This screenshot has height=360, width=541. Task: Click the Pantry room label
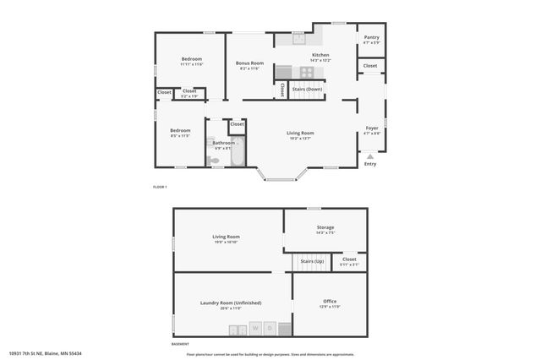point(371,38)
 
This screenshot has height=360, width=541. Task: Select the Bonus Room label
point(249,63)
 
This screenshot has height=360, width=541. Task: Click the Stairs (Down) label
point(307,89)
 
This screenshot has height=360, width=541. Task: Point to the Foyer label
point(372,128)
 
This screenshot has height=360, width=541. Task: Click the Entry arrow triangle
point(370,156)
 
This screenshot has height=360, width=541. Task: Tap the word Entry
point(370,164)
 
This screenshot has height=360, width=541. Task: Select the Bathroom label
point(224,143)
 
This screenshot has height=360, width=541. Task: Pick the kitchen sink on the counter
point(298,38)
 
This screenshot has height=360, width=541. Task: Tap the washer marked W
point(254,327)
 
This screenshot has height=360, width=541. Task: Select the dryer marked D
point(270,327)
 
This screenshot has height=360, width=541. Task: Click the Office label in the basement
point(330,301)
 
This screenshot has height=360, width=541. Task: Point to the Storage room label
point(325,227)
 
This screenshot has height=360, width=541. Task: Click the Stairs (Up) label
point(314,261)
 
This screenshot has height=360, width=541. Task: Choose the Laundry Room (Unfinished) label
point(231,303)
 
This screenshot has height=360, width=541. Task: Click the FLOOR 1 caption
point(160,186)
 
